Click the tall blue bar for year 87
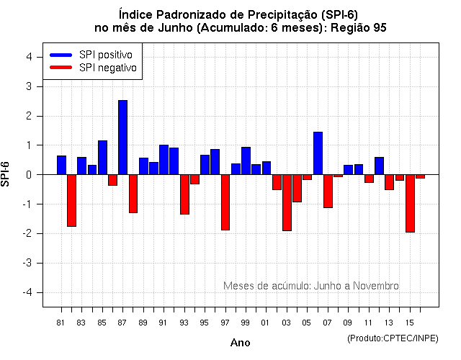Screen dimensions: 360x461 click(122, 138)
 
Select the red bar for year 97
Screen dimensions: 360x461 click(225, 202)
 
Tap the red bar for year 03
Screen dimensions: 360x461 click(287, 202)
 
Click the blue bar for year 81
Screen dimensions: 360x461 click(61, 165)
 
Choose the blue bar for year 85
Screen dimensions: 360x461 click(102, 158)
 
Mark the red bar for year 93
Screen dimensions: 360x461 click(184, 194)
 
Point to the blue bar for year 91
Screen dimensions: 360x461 click(164, 160)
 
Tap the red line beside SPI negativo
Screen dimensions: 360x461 click(62, 68)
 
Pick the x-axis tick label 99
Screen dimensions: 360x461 click(246, 323)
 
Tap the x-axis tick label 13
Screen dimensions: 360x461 click(389, 323)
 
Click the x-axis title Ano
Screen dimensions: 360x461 click(240, 343)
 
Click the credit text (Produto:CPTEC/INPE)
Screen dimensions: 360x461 click(393, 338)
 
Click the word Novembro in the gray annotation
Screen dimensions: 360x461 click(375, 286)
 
